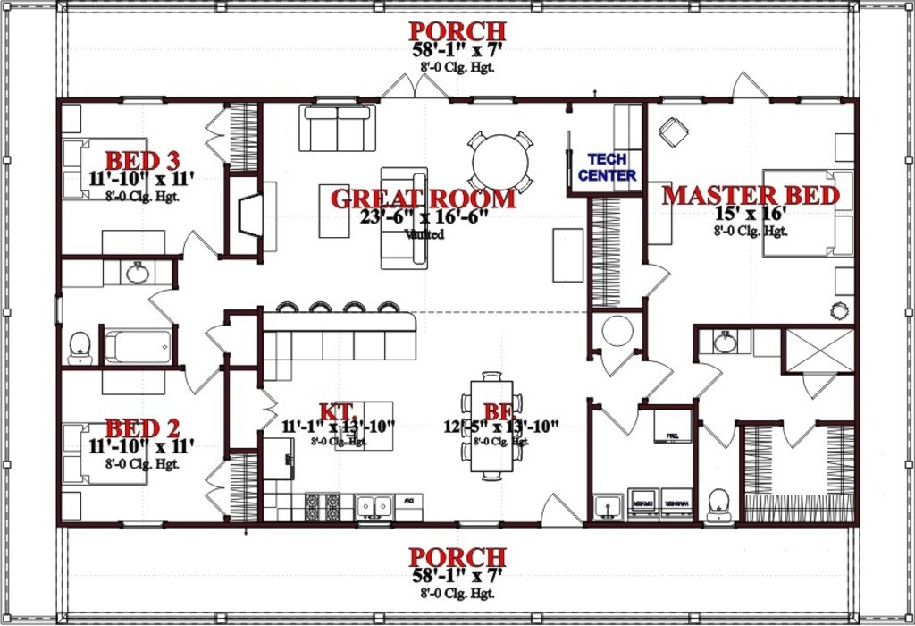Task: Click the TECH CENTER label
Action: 607,168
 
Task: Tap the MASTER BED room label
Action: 751,196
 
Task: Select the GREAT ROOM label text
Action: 423,199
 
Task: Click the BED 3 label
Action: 142,161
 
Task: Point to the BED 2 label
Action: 142,428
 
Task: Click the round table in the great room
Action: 500,162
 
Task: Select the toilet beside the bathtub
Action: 80,348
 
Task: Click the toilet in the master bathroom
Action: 719,504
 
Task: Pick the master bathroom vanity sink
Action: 725,343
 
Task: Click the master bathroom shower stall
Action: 818,350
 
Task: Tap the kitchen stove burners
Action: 323,507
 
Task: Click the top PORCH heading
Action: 457,31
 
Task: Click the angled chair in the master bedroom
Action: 674,131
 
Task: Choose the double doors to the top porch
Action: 416,87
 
